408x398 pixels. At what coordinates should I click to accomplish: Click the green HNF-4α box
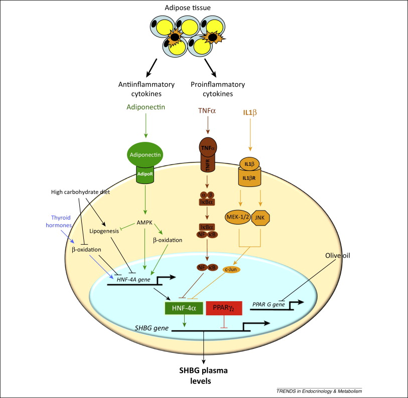[x=184, y=308]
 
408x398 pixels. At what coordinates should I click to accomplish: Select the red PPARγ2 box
[x=224, y=308]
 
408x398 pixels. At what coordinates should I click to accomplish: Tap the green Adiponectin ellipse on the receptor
[x=145, y=155]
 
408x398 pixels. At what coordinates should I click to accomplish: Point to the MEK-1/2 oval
[x=238, y=218]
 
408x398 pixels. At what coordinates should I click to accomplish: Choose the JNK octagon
[x=260, y=218]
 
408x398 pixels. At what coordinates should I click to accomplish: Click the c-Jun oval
[x=231, y=270]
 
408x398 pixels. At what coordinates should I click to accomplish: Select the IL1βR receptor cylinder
[x=249, y=177]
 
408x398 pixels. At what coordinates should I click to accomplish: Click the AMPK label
[x=145, y=223]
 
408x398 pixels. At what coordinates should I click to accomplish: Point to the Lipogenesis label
[x=104, y=231]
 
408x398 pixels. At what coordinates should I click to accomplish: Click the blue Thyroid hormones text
[x=59, y=222]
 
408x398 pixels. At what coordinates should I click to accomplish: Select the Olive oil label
[x=337, y=256]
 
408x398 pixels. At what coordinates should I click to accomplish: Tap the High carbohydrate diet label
[x=80, y=192]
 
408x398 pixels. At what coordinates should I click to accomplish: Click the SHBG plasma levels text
[x=203, y=375]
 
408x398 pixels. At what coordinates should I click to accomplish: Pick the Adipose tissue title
[x=188, y=8]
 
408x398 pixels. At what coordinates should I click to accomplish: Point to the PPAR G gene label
[x=268, y=304]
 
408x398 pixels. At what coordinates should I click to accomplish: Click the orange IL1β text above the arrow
[x=250, y=113]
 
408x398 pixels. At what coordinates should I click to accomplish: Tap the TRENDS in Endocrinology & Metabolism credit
[x=319, y=391]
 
